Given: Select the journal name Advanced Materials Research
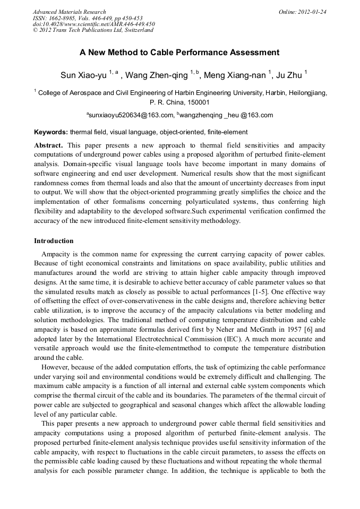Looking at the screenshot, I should point(69,12).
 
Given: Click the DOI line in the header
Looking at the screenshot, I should point(93,24).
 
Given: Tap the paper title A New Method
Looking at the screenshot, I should point(179,53).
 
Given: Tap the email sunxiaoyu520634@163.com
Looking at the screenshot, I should point(131,115).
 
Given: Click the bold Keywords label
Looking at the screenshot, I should point(51,132).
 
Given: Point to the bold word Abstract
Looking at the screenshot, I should point(49,145).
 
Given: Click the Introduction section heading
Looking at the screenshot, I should point(54,241).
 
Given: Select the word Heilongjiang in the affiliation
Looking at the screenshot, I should point(307,92).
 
